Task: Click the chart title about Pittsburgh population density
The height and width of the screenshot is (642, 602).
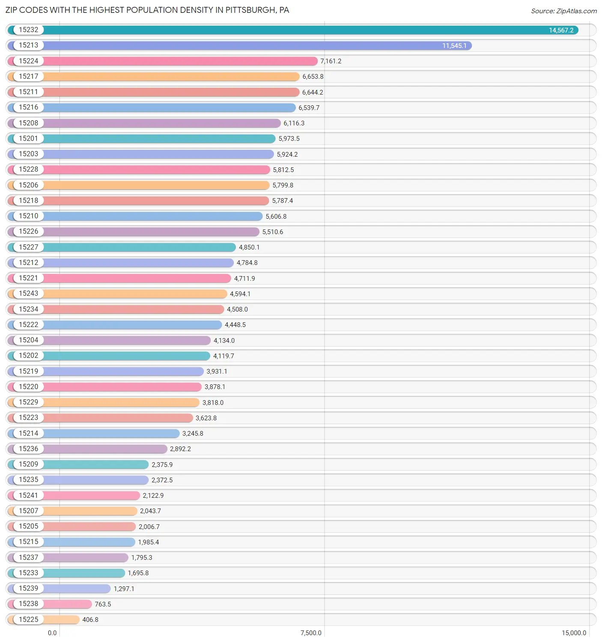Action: tap(147, 10)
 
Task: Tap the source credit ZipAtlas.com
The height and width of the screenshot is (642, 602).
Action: tap(563, 11)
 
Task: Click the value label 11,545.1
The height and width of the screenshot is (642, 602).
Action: tap(454, 46)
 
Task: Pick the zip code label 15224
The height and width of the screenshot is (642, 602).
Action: tap(28, 61)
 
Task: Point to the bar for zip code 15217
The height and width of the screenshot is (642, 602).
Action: tap(171, 77)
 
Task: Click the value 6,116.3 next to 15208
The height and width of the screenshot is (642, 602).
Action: tap(294, 123)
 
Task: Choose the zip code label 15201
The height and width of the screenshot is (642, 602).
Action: tap(28, 139)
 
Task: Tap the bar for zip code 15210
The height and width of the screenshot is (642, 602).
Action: tap(154, 216)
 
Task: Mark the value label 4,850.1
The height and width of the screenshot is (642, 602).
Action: tap(249, 247)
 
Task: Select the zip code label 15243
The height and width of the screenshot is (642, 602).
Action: tap(28, 294)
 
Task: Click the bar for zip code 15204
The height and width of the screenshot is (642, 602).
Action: tap(128, 340)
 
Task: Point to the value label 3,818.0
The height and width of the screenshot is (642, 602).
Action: tap(213, 402)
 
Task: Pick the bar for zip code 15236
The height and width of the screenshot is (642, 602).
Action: tap(107, 449)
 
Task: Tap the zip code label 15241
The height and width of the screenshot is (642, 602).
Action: tap(28, 495)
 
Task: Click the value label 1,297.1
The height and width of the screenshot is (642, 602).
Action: tap(124, 588)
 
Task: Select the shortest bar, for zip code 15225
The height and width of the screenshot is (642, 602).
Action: tap(62, 619)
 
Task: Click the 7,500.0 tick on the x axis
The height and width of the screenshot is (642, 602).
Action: tap(311, 633)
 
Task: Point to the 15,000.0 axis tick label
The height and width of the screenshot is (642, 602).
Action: tap(574, 633)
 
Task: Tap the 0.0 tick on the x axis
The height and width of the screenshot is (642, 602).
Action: tap(52, 633)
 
